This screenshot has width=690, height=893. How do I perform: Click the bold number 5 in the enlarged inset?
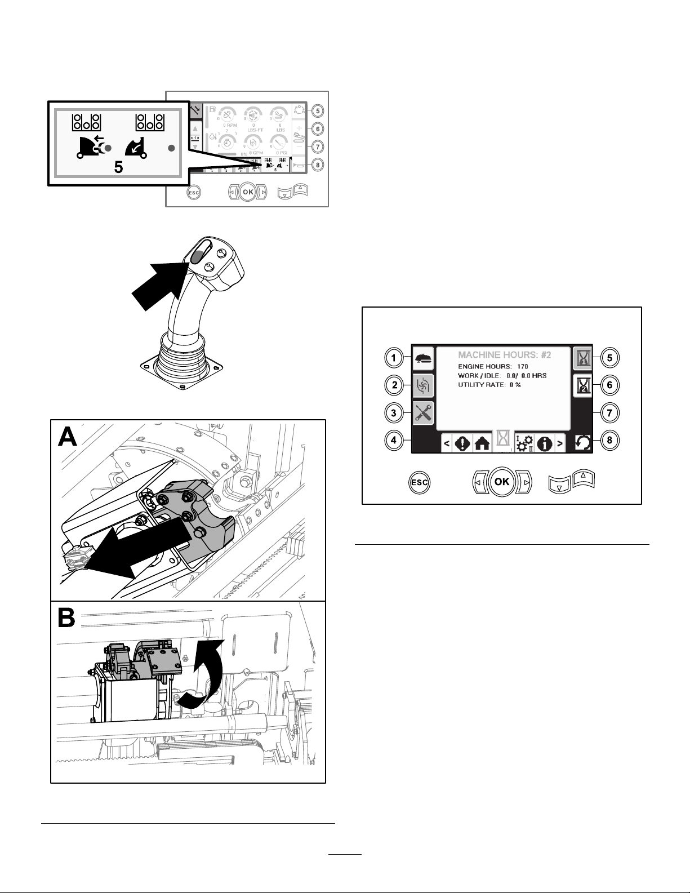point(119,168)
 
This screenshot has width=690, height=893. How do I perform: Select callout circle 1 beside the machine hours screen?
point(394,357)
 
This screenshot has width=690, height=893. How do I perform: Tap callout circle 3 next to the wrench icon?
point(394,412)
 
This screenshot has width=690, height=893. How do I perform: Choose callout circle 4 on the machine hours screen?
point(394,440)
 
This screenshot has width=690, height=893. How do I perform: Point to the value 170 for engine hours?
point(522,367)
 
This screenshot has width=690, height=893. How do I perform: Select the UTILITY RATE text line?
point(489,384)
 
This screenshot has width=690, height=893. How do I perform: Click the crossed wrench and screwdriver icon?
point(423,413)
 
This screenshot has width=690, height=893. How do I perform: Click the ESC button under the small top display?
point(194,191)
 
